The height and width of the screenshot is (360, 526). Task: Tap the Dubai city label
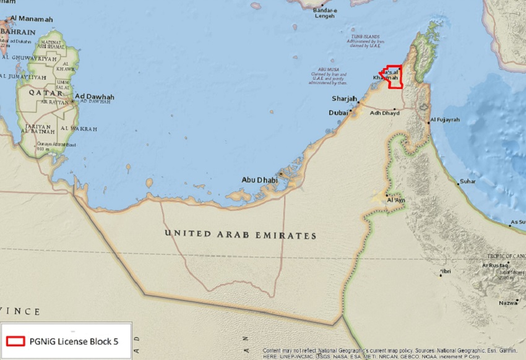coord(338,113)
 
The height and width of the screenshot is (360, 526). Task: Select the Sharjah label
coord(345,99)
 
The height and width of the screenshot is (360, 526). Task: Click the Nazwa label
coord(507,303)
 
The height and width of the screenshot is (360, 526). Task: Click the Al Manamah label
coord(32,19)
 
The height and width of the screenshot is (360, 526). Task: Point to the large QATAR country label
coord(37,92)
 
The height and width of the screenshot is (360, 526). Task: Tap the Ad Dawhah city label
coord(94,97)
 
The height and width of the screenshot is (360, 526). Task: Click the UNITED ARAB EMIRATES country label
coord(240,235)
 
